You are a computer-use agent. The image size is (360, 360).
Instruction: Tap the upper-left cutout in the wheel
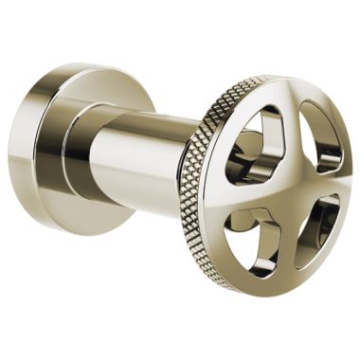point(260,141)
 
